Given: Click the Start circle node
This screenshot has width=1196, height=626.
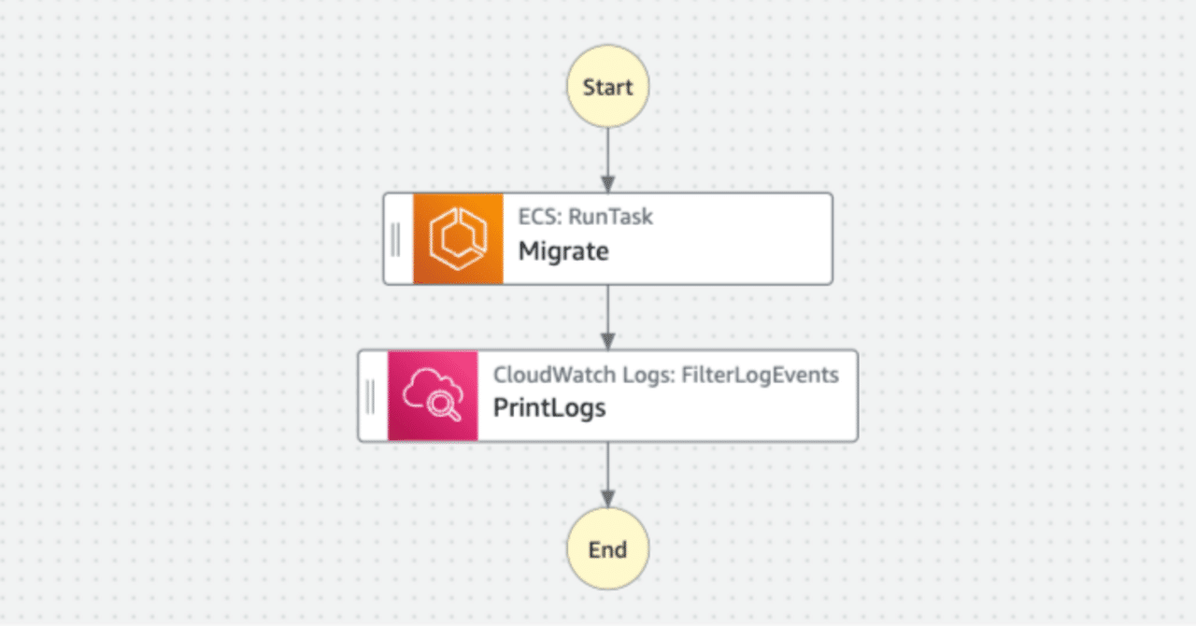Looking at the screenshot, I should tap(607, 87).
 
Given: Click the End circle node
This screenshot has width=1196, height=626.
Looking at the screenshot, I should tap(607, 548).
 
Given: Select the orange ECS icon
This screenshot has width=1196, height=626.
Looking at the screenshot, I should tap(458, 238).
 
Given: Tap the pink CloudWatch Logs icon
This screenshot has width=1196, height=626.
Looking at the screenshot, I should tap(433, 395).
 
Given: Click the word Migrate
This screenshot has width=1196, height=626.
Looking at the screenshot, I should tap(563, 251).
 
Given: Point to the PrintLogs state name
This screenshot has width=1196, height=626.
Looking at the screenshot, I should tap(549, 408).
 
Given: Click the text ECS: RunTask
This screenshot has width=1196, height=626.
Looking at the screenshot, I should tap(586, 217).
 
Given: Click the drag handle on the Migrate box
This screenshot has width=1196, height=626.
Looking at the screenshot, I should tap(396, 238).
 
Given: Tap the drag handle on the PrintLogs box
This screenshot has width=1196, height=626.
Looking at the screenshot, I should tap(371, 395).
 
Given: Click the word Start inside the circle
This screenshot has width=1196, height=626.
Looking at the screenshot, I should tap(607, 87).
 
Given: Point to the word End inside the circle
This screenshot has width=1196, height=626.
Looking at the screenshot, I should tap(607, 549).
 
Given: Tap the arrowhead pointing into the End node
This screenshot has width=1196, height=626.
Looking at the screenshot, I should tap(607, 500).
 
